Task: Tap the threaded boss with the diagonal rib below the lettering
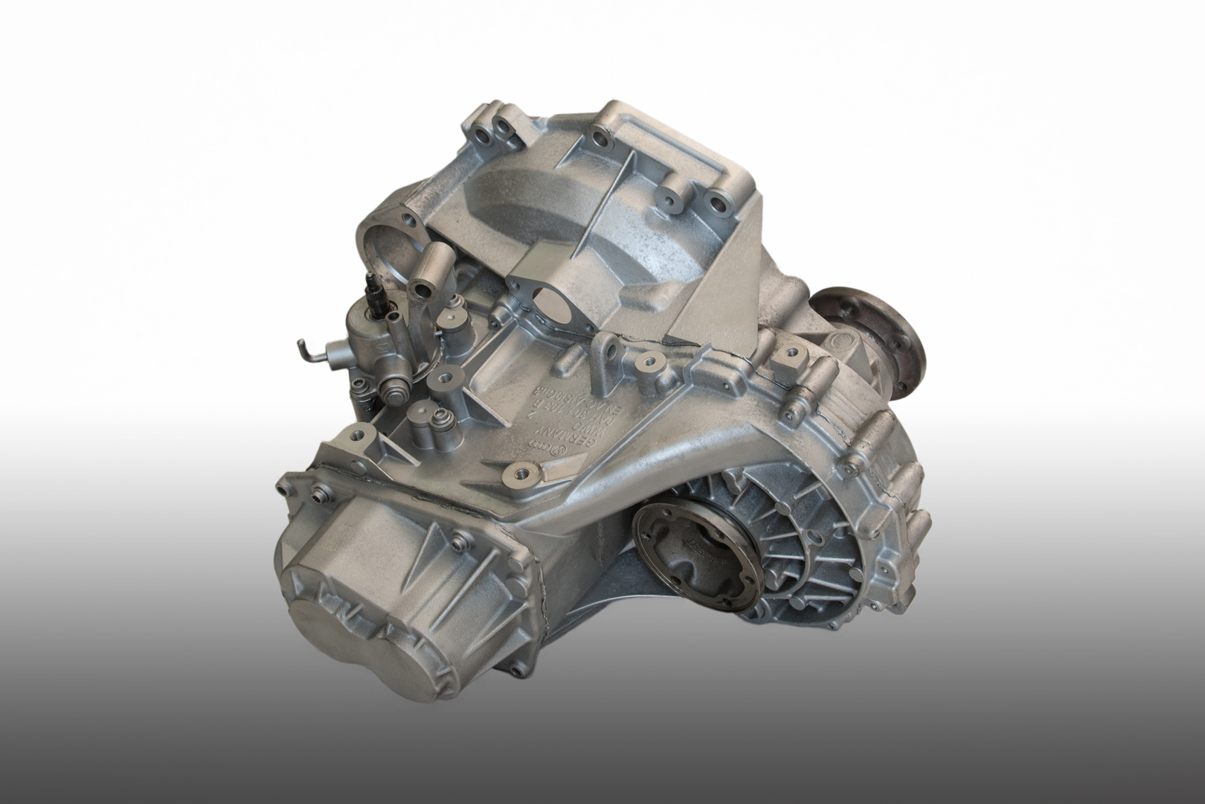(x=521, y=472)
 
